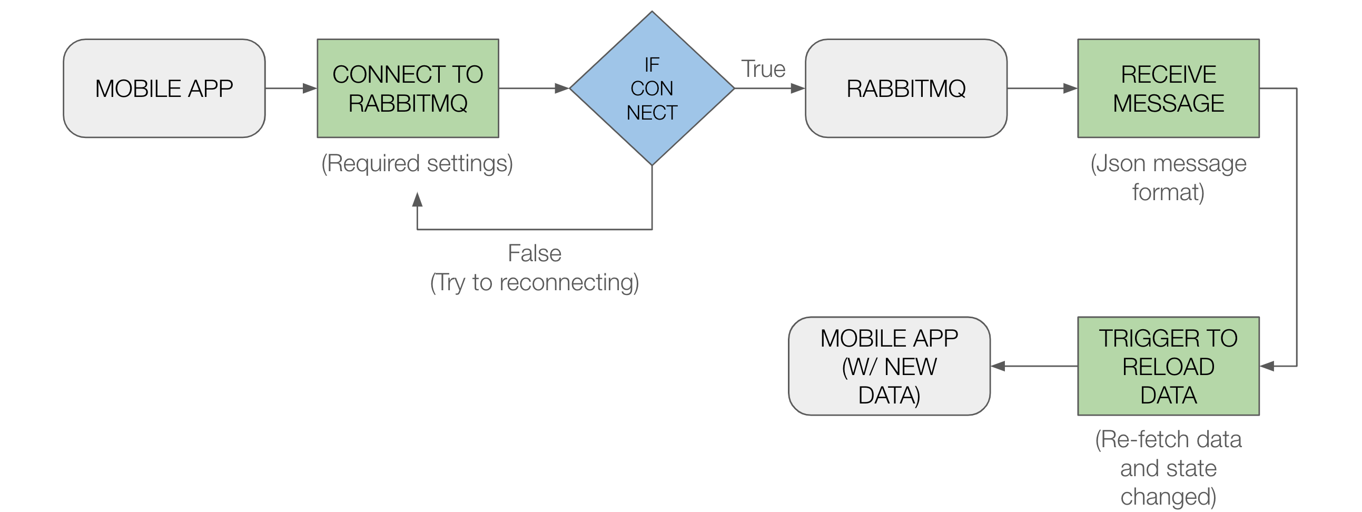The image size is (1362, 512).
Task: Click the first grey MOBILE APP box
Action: (x=164, y=88)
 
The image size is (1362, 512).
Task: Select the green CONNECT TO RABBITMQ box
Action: (x=408, y=88)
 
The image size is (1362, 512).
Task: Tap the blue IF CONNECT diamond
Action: (x=652, y=88)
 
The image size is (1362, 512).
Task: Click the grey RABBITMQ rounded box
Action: (x=906, y=88)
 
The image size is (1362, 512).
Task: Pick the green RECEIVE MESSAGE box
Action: (x=1168, y=88)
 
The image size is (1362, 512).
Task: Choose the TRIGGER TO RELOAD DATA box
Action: (x=1168, y=366)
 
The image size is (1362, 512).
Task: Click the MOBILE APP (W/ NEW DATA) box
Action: (x=889, y=366)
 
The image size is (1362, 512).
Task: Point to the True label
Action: (x=763, y=70)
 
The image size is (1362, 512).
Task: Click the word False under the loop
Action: (x=534, y=253)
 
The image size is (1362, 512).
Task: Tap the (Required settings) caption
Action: (x=417, y=163)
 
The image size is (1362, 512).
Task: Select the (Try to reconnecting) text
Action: (x=534, y=282)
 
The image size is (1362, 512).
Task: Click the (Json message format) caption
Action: (x=1168, y=178)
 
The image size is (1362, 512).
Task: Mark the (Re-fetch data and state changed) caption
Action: (x=1168, y=468)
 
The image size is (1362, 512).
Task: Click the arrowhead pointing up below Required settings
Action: (x=417, y=200)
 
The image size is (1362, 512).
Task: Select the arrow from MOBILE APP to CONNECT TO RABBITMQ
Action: (x=291, y=88)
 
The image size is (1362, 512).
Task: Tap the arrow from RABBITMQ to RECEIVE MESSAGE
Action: (x=1042, y=88)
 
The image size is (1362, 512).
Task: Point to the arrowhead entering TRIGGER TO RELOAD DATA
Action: (x=1267, y=366)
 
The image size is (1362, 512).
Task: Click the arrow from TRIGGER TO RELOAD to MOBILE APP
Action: (x=1034, y=366)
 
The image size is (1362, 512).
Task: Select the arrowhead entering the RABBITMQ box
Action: (x=797, y=88)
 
